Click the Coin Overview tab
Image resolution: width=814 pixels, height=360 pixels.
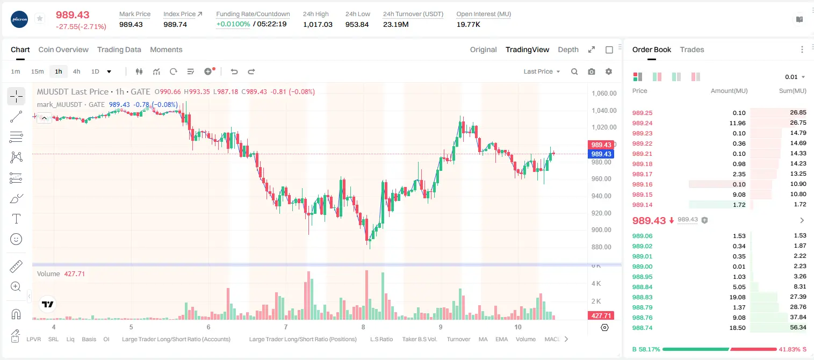(63, 49)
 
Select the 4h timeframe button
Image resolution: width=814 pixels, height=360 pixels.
(76, 71)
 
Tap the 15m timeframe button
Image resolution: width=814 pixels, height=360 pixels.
(37, 71)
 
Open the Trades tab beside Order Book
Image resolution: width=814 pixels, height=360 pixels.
(692, 49)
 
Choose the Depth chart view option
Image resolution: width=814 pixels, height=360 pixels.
(568, 49)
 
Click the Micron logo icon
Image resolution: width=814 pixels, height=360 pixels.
(19, 19)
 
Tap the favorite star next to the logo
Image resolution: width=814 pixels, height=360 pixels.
(40, 18)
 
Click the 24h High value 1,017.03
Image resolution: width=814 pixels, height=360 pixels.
(318, 24)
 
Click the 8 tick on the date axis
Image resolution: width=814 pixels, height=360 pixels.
(363, 327)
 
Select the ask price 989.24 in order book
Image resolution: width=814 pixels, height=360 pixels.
(642, 123)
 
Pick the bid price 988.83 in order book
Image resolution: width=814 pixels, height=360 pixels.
(642, 297)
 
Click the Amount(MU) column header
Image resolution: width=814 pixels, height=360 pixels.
(729, 91)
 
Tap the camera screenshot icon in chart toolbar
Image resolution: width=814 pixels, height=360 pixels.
(592, 71)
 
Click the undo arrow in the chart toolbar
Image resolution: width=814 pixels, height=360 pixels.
(234, 71)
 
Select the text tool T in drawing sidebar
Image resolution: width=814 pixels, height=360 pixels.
(16, 219)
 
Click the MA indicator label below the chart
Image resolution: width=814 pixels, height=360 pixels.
(483, 339)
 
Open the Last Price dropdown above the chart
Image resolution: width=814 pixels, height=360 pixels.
(542, 71)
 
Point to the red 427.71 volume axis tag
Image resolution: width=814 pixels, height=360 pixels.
(601, 316)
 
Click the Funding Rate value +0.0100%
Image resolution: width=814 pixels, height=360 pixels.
(233, 24)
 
